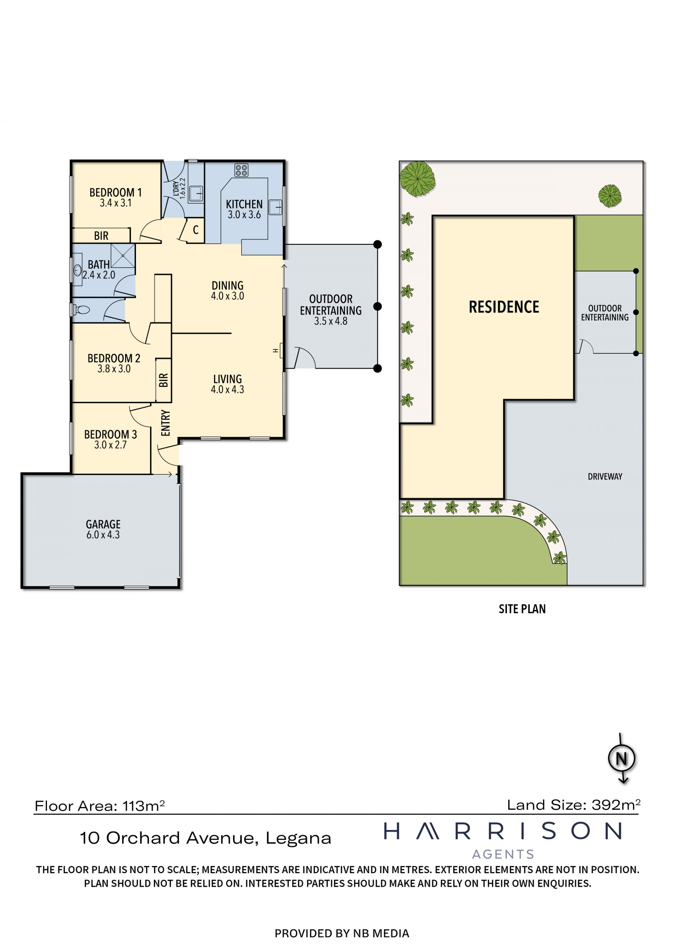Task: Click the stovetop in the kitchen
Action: pyautogui.click(x=241, y=170)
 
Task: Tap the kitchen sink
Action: pyautogui.click(x=276, y=207)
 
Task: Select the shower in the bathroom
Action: pyautogui.click(x=123, y=256)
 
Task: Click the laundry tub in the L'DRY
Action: pyautogui.click(x=196, y=193)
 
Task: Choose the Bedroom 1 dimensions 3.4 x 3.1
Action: pyautogui.click(x=116, y=203)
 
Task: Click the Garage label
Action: pyautogui.click(x=103, y=524)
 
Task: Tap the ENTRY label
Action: pyautogui.click(x=165, y=423)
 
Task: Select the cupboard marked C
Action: pyautogui.click(x=195, y=230)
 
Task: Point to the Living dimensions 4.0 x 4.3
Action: pyautogui.click(x=227, y=390)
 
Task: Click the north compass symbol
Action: pyautogui.click(x=621, y=759)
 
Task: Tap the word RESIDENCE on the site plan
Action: pyautogui.click(x=504, y=307)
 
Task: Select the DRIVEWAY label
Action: pyautogui.click(x=605, y=477)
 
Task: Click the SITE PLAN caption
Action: pyautogui.click(x=522, y=609)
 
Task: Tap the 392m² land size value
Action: pyautogui.click(x=616, y=805)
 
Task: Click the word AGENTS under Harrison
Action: pyautogui.click(x=503, y=854)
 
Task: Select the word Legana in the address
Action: pyautogui.click(x=298, y=839)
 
